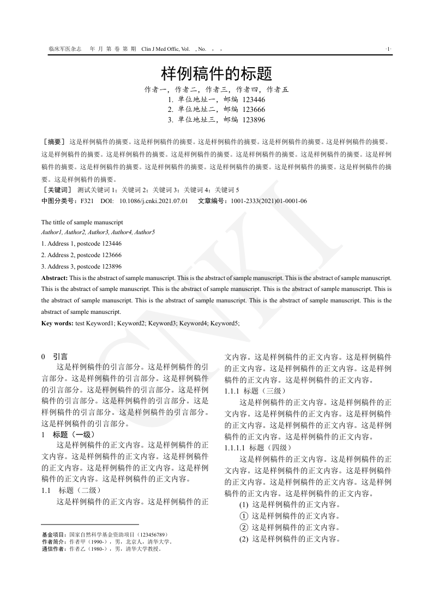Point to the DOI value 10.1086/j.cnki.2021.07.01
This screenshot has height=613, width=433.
pyautogui.click(x=153, y=201)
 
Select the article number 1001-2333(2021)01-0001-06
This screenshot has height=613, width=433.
pyautogui.click(x=269, y=201)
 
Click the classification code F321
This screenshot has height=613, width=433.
pyautogui.click(x=87, y=201)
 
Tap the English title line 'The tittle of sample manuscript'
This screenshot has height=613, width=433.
pyautogui.click(x=82, y=222)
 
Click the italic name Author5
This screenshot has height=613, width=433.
pyautogui.click(x=145, y=233)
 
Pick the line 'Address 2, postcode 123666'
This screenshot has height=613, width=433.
pyautogui.click(x=81, y=255)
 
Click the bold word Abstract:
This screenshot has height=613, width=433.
pyautogui.click(x=55, y=278)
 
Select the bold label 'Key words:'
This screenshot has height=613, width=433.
pyautogui.click(x=57, y=323)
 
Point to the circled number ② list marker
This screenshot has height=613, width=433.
pyautogui.click(x=244, y=527)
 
